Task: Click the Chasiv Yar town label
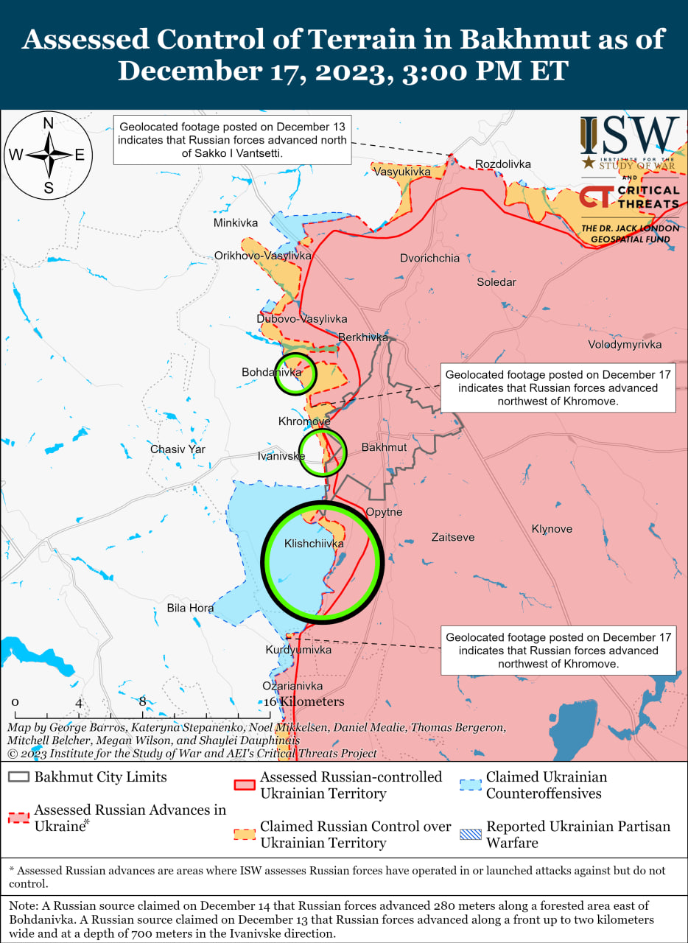coord(178,449)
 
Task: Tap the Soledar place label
coord(496,282)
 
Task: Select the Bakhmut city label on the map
coord(384,448)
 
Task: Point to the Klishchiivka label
coord(315,544)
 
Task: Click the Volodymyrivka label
coord(625,345)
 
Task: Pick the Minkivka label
coord(236,222)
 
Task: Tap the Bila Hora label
coord(190,608)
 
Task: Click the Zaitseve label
coord(453,538)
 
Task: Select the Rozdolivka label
coord(503,164)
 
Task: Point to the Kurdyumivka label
coord(298,650)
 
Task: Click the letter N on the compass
coord(48,123)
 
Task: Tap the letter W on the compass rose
coord(15,155)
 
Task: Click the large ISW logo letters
coord(629,136)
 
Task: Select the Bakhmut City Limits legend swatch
coord(19,778)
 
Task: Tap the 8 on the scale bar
coord(142,702)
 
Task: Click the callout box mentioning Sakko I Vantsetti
coord(231,139)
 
